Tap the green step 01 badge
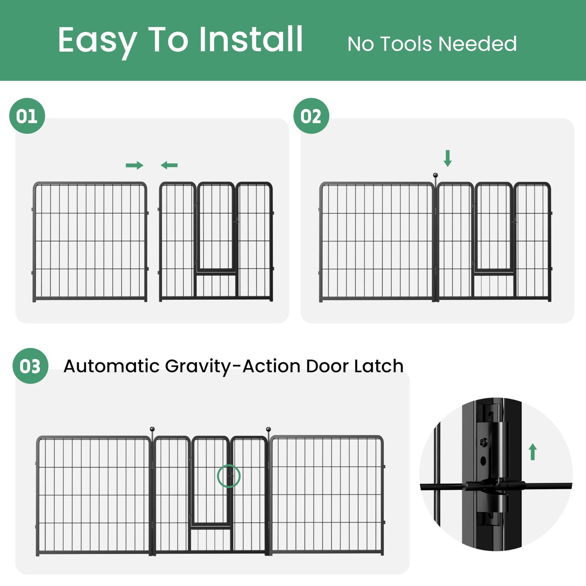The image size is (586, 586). tap(27, 116)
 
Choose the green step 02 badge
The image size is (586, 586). tap(311, 116)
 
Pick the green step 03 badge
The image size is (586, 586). tap(30, 366)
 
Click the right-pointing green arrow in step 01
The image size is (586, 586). tap(134, 165)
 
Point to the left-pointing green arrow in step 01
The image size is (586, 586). tap(169, 165)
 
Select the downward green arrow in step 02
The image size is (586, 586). tap(447, 158)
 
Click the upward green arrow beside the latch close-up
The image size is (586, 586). tap(532, 452)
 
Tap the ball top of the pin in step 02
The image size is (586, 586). tap(436, 176)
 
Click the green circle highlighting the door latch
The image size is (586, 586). tap(229, 476)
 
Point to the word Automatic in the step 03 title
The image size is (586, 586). tap(112, 366)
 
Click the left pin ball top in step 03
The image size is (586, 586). tap(152, 429)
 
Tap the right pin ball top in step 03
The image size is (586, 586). tap(268, 429)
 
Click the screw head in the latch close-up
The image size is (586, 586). tap(483, 441)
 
